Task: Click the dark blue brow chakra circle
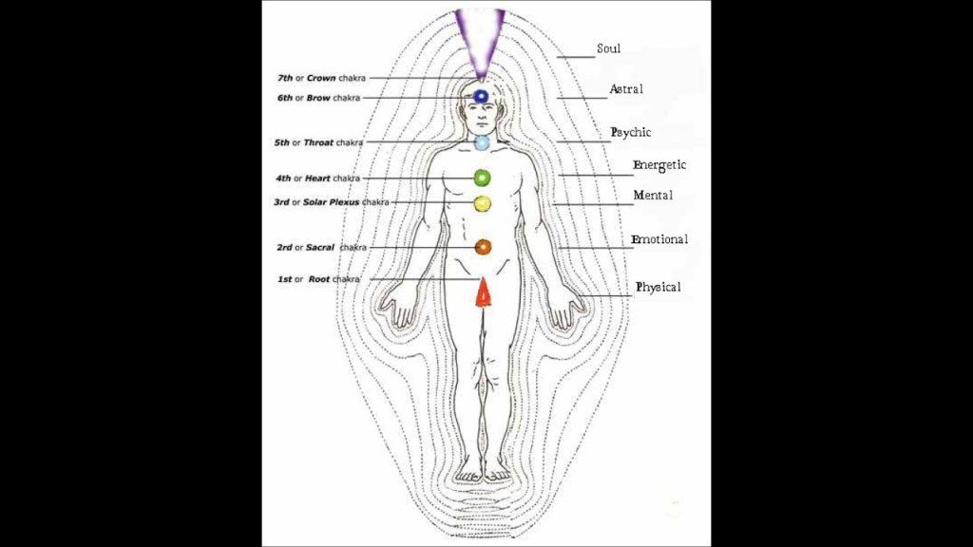[481, 96]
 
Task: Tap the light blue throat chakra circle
[482, 142]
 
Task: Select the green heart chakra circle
[482, 178]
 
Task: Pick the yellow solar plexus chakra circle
[482, 202]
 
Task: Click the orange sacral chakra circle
[483, 247]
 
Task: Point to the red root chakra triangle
[483, 293]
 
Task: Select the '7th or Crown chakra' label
[320, 77]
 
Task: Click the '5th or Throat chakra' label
[318, 142]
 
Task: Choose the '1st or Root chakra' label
[318, 279]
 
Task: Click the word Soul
[608, 48]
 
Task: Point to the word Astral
[626, 89]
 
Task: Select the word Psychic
[631, 132]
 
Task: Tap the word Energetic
[659, 165]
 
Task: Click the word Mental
[653, 196]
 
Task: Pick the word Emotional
[659, 240]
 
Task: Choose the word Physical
[658, 287]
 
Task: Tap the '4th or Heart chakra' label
[317, 179]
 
